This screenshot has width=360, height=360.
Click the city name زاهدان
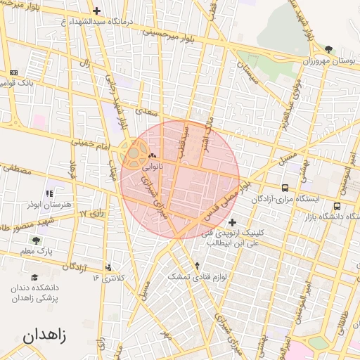(44, 335)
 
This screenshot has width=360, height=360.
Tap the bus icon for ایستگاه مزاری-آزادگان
(285, 188)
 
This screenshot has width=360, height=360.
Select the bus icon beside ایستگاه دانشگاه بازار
(337, 207)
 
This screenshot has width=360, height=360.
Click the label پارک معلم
(37, 251)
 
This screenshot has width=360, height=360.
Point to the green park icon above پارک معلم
(37, 240)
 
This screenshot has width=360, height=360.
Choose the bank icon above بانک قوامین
(14, 72)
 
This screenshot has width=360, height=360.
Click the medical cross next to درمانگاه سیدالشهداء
(96, 11)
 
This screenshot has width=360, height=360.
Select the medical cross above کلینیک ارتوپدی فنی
(232, 222)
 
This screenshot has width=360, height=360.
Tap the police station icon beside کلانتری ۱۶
(108, 266)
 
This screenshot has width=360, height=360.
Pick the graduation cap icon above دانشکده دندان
(34, 278)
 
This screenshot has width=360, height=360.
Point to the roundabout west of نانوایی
(133, 152)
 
